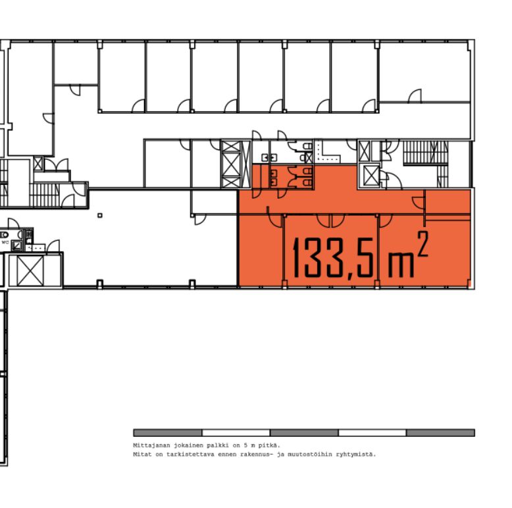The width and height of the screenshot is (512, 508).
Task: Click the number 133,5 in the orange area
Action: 334,258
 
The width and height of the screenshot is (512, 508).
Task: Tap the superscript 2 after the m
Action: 422,244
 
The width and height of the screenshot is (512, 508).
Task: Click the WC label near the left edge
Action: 5,242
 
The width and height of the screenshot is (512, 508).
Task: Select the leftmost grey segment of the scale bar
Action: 168,433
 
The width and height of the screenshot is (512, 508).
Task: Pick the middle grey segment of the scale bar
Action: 304,433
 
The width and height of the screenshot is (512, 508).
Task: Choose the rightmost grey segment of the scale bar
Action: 440,433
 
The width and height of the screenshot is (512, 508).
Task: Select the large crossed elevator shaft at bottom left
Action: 30,271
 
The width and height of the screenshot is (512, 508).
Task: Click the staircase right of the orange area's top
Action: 426,153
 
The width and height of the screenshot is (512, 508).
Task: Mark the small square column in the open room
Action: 100,215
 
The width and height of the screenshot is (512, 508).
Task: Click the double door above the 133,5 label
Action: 330,220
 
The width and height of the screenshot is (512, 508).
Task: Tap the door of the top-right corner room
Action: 415,95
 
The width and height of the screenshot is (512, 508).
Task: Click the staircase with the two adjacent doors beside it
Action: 44,195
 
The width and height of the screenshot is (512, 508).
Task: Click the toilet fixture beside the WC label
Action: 5,234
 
